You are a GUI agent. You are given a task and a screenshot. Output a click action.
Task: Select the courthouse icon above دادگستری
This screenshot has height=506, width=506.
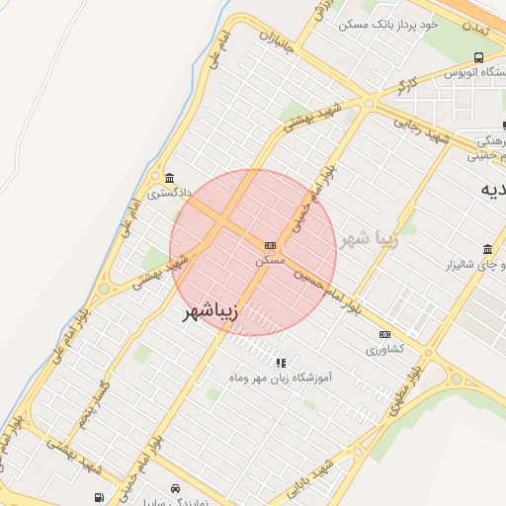point(170,179)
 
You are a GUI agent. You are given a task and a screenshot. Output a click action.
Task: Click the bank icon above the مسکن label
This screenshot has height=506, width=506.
point(270,245)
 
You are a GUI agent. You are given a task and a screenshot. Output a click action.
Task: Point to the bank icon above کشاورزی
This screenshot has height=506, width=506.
point(384,335)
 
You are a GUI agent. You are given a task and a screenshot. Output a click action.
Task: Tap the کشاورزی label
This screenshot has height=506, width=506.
point(385,350)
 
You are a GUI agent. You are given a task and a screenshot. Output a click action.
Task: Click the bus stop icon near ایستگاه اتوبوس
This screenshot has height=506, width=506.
point(479,57)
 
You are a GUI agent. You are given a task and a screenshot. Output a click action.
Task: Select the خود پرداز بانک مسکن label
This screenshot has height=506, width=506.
point(386,23)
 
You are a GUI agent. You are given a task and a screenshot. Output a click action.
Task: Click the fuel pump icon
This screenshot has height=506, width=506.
point(99,497)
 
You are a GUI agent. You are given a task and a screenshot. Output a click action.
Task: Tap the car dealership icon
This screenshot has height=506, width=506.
point(175,489)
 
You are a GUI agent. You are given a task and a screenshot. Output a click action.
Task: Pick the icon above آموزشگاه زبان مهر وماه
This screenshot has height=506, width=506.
point(281,363)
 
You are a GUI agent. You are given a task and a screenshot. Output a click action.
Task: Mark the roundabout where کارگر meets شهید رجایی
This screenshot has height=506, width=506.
point(369,103)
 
